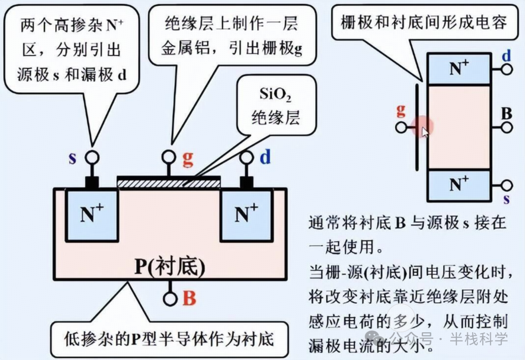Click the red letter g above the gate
pyautogui.click(x=188, y=159)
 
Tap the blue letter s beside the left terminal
pyautogui.click(x=72, y=159)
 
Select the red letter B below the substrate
pyautogui.click(x=190, y=298)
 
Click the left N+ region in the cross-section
pyautogui.click(x=92, y=216)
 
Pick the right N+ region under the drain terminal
pyautogui.click(x=246, y=216)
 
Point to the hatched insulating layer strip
pyautogui.click(x=169, y=183)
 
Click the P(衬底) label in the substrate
pyautogui.click(x=170, y=268)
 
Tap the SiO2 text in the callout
pyautogui.click(x=275, y=96)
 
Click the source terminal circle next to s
pyautogui.click(x=92, y=157)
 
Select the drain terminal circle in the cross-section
pyautogui.click(x=247, y=157)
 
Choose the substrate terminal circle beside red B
pyautogui.click(x=170, y=298)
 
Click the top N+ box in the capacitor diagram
pyautogui.click(x=458, y=69)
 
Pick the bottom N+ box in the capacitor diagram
pyautogui.click(x=458, y=185)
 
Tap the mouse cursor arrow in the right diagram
pyautogui.click(x=425, y=131)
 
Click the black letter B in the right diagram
pyautogui.click(x=507, y=114)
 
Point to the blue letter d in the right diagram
pyautogui.click(x=507, y=56)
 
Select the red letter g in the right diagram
pyautogui.click(x=401, y=111)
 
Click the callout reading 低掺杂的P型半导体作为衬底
pyautogui.click(x=169, y=338)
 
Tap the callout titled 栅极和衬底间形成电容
pyautogui.click(x=424, y=22)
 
